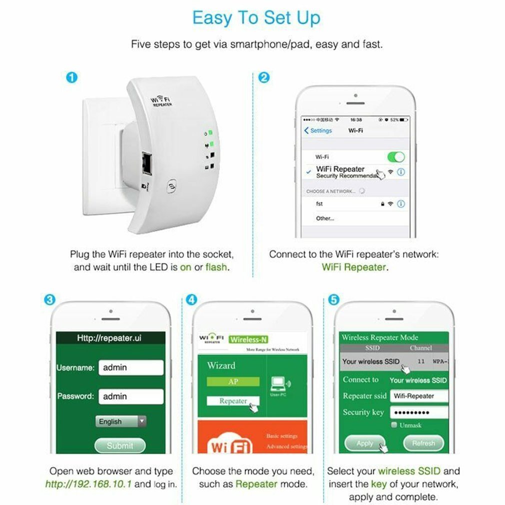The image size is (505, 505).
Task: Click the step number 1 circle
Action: pyautogui.click(x=72, y=77)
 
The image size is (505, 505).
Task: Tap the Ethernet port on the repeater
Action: pyautogui.click(x=146, y=163)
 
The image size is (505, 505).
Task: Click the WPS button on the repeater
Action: pyautogui.click(x=171, y=186)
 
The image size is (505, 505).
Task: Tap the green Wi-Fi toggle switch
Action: pyautogui.click(x=395, y=157)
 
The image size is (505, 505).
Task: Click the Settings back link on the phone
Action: pyautogui.click(x=318, y=130)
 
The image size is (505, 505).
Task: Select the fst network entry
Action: pyautogui.click(x=320, y=204)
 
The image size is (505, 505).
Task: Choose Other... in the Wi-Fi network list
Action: pyautogui.click(x=324, y=218)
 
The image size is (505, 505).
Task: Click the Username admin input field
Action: pyautogui.click(x=131, y=367)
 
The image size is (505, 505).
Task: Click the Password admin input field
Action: pyautogui.click(x=131, y=396)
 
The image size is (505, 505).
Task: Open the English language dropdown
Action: pyautogui.click(x=121, y=421)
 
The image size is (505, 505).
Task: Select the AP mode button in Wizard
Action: pyautogui.click(x=233, y=381)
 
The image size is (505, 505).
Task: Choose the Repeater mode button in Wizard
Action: pyautogui.click(x=233, y=401)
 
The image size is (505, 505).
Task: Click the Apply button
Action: pyautogui.click(x=365, y=443)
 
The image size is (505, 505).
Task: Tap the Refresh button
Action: pyautogui.click(x=423, y=443)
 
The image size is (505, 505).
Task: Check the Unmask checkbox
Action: pyautogui.click(x=394, y=425)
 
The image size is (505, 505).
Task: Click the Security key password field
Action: pyautogui.click(x=418, y=412)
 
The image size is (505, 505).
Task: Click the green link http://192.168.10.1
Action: pyautogui.click(x=89, y=484)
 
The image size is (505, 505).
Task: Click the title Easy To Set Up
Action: pyautogui.click(x=256, y=18)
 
